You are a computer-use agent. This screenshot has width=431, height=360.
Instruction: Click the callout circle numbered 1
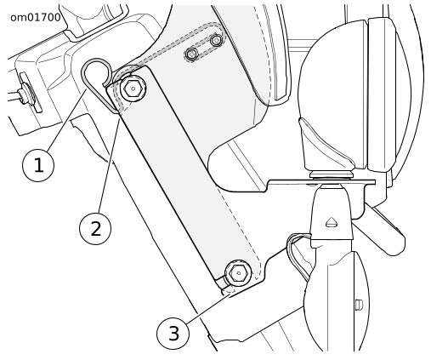click(38, 165)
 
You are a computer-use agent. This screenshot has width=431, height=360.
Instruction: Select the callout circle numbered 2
click(95, 229)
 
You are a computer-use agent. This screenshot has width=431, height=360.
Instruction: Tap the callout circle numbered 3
click(173, 333)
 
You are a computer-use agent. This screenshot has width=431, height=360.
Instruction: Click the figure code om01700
click(36, 18)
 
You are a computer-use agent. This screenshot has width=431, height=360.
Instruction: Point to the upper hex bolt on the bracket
click(133, 89)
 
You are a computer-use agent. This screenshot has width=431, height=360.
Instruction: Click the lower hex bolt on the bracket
click(238, 273)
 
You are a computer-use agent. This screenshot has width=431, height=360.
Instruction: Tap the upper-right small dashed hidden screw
click(216, 40)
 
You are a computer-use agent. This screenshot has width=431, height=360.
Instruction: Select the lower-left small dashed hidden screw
click(192, 54)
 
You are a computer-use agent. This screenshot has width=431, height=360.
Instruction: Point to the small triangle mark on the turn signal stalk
click(332, 222)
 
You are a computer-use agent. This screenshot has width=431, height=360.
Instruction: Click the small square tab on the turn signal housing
click(359, 305)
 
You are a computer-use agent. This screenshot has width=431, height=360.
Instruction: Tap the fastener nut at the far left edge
click(24, 93)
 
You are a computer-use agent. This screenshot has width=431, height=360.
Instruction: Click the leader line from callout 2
click(109, 166)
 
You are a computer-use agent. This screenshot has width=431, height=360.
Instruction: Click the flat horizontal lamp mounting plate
click(321, 182)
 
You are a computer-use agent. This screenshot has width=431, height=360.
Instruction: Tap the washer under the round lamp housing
click(332, 174)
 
